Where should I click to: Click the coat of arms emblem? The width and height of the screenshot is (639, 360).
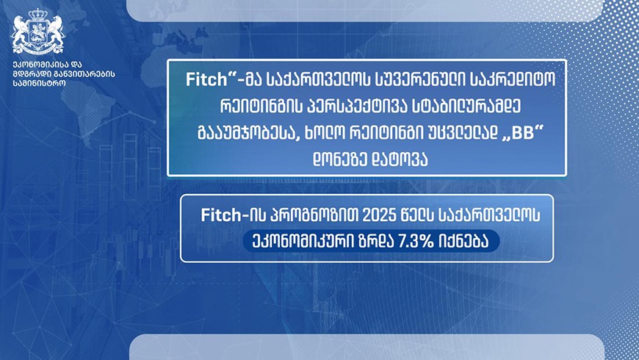tap(38, 32)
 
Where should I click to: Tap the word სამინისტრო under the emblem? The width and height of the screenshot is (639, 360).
tap(39, 82)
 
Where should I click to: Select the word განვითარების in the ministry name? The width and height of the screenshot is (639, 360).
tap(80, 73)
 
